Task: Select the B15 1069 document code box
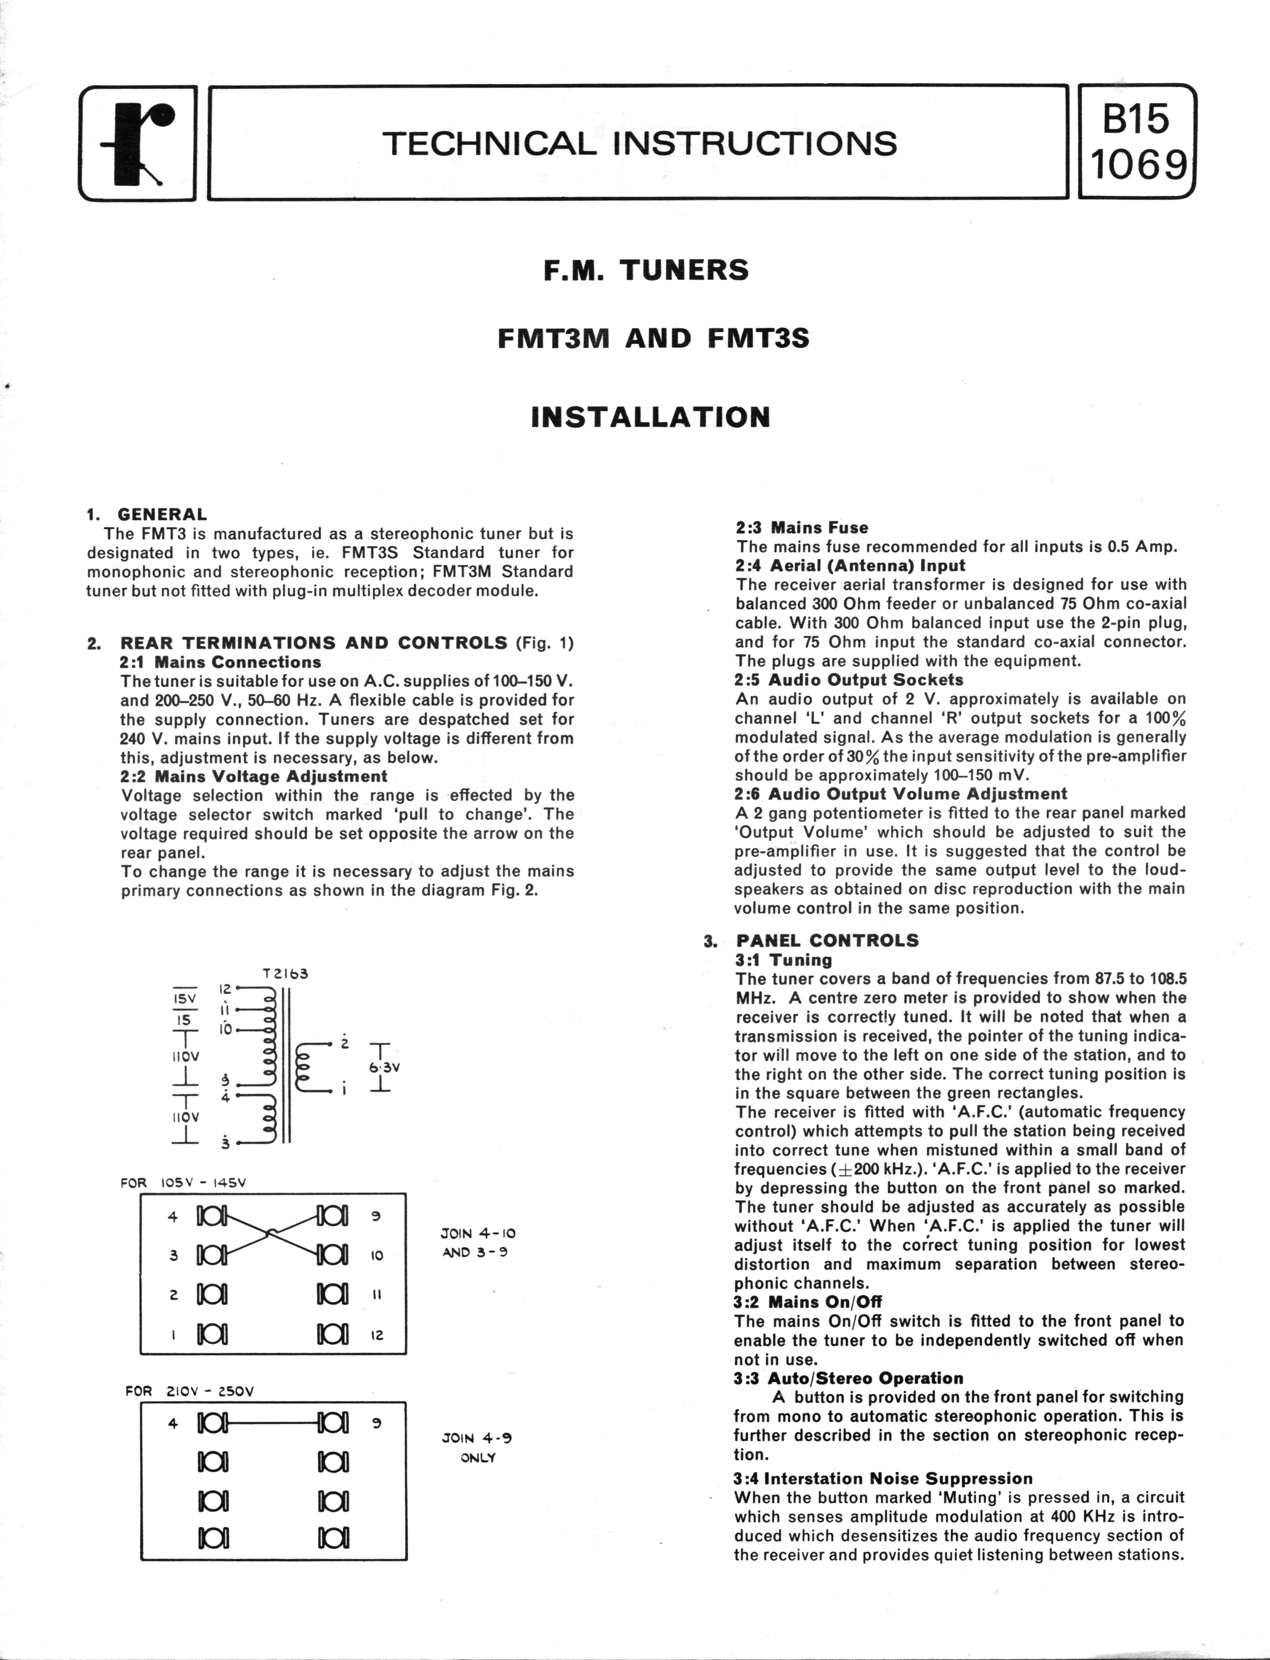(1137, 143)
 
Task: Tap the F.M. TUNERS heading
(646, 270)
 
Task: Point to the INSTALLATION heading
(651, 417)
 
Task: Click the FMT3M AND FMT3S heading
(653, 338)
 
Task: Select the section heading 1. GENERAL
(147, 515)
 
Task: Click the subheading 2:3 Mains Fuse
(802, 528)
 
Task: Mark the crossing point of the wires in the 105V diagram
(271, 1234)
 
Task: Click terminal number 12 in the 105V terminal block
(377, 1335)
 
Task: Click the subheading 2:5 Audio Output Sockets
(849, 680)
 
